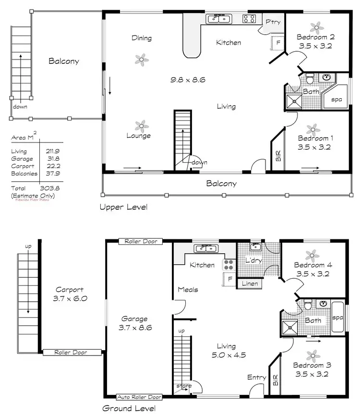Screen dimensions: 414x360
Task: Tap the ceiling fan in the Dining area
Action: click(141, 59)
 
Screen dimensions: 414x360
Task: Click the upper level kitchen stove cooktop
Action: click(249, 19)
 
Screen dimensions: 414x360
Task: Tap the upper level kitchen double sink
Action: click(219, 19)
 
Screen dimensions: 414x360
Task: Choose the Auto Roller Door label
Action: click(139, 397)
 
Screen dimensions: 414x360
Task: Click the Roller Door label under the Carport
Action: click(72, 353)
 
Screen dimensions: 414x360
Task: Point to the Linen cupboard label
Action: click(250, 284)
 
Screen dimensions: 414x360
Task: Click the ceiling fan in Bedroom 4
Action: click(312, 253)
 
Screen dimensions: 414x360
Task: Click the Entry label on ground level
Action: click(256, 378)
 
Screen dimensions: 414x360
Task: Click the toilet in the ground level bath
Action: click(308, 306)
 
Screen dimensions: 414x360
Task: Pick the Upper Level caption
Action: click(123, 207)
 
